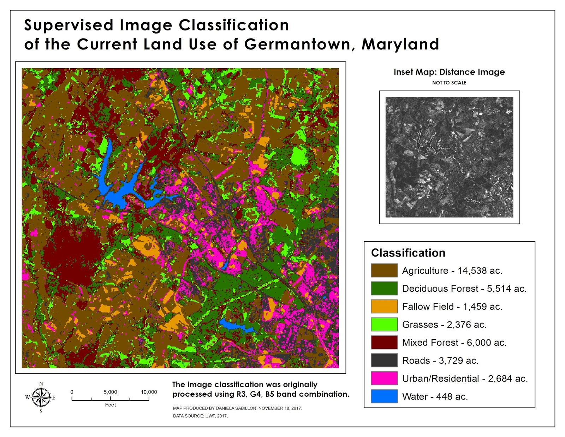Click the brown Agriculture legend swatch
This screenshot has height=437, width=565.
(384, 270)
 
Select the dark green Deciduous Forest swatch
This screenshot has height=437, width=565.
(384, 288)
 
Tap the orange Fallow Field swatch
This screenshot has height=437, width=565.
(384, 306)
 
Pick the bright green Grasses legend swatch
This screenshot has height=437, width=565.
(384, 324)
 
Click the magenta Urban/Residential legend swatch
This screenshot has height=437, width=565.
(384, 378)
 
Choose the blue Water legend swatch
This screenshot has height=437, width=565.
(384, 396)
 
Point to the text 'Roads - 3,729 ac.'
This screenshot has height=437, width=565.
(440, 361)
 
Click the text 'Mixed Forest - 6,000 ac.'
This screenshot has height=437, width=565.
(454, 343)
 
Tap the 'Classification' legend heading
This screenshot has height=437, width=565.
(408, 253)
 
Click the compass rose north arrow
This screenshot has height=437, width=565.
(41, 397)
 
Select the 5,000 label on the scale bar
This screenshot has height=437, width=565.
(110, 392)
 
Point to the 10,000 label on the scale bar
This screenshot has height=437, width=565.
(149, 392)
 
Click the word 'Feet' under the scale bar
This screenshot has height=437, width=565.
(110, 405)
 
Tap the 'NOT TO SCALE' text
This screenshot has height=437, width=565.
(449, 83)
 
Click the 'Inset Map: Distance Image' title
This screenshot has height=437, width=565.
(449, 72)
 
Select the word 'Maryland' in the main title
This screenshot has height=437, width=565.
(400, 45)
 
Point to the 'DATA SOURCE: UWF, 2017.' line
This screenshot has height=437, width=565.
(200, 416)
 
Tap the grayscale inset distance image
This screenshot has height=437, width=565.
(449, 157)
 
